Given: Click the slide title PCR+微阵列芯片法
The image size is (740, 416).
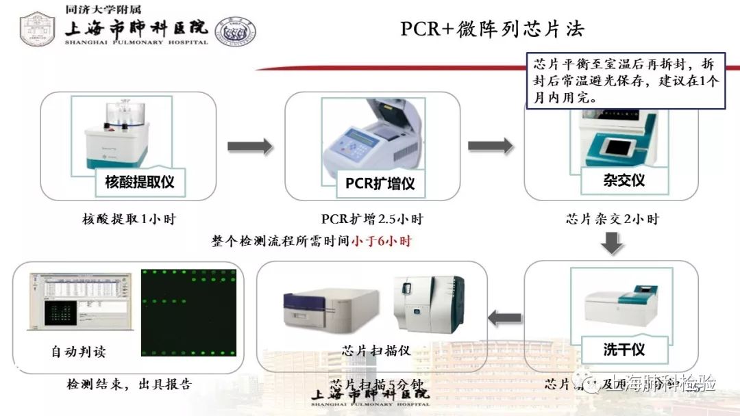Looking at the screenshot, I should click(492, 29).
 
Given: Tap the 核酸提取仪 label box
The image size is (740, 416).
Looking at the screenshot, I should click(140, 182).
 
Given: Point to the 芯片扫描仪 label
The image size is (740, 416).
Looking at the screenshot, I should click(376, 350).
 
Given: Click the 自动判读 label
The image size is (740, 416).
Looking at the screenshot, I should click(79, 352).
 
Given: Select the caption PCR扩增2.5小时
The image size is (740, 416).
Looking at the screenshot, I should click(372, 220).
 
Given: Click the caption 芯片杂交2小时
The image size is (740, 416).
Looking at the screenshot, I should click(612, 220).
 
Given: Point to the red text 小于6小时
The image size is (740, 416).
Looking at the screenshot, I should click(382, 242).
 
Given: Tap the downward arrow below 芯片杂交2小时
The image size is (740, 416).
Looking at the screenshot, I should click(613, 243).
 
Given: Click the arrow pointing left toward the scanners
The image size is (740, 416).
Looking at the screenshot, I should click(504, 317).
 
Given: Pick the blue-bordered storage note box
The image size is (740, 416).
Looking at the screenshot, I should click(625, 81).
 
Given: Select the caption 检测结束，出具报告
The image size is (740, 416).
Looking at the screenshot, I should click(129, 385).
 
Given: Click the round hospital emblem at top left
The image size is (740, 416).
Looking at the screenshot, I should click(37, 29).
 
